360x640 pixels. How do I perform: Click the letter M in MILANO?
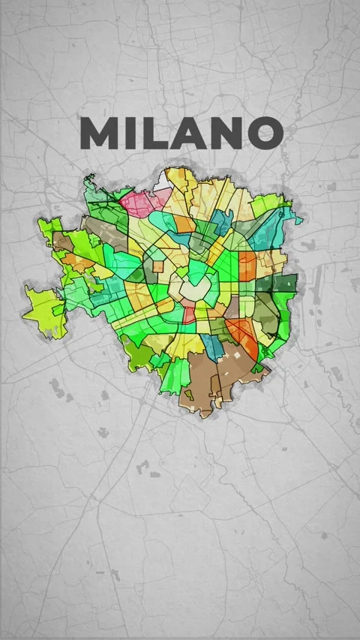[99, 134]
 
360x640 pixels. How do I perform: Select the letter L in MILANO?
[150, 134]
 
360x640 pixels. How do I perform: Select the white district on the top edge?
[163, 183]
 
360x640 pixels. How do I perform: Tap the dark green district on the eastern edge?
[286, 283]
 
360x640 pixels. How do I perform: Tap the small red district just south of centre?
[189, 313]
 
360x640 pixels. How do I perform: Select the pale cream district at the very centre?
[185, 289]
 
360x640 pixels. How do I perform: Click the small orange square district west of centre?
[159, 265]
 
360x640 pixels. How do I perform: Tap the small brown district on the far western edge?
[63, 244]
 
